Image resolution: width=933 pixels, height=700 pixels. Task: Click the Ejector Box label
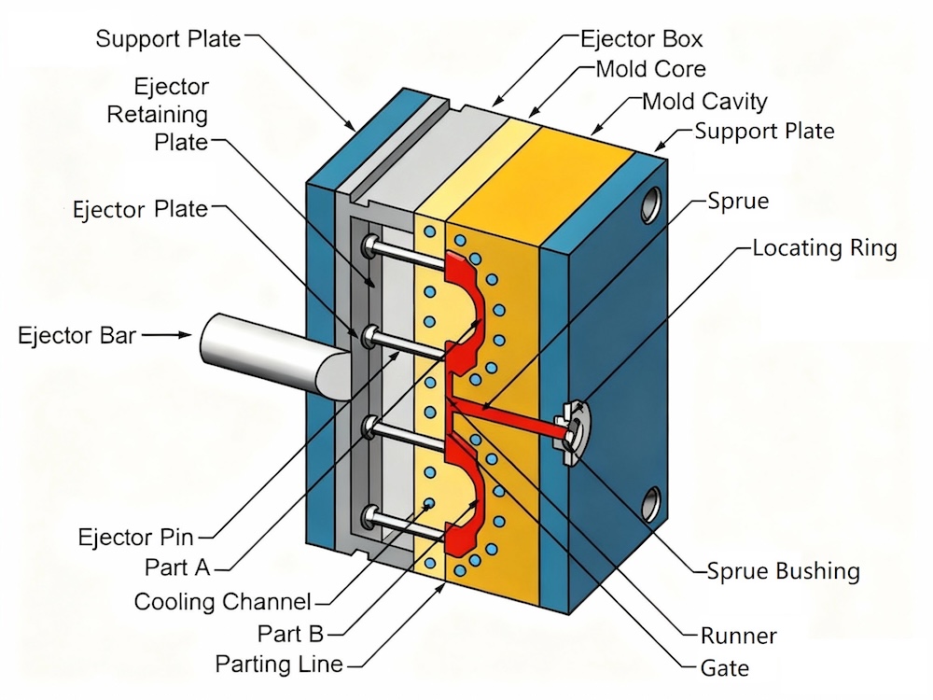tap(641, 39)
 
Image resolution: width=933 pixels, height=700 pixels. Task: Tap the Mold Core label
tap(650, 69)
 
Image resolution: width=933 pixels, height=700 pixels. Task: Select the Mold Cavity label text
tap(705, 101)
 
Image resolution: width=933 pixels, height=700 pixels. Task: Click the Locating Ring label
tap(824, 248)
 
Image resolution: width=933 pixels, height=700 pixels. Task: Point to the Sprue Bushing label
tap(783, 570)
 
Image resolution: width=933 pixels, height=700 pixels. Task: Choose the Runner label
tap(738, 637)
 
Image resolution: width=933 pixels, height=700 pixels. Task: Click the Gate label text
tap(724, 668)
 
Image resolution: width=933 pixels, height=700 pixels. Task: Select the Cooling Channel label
tap(222, 601)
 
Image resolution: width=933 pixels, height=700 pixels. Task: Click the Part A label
tap(178, 567)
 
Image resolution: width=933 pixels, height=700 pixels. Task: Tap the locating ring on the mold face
tap(575, 427)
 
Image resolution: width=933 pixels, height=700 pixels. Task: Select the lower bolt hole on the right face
tap(649, 502)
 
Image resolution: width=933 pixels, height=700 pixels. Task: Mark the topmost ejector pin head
tap(371, 245)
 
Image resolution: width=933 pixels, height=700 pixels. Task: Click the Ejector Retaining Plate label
tap(158, 115)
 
